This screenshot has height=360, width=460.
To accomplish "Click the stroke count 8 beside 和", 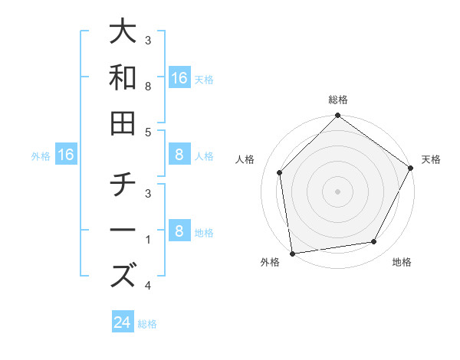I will (x=148, y=87).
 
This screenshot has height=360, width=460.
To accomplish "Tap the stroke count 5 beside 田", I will (x=148, y=132).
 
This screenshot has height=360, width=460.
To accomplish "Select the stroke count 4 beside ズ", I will (x=148, y=286).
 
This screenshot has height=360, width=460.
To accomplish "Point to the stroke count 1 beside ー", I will (x=148, y=241).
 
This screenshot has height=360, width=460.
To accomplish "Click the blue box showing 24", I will (x=123, y=322).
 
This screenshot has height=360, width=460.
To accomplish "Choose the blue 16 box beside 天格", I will (x=179, y=77).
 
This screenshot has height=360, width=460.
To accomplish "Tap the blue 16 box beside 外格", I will (x=66, y=155).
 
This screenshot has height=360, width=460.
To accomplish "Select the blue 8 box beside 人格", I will (x=179, y=155).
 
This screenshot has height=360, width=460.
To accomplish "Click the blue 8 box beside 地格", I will (x=179, y=231).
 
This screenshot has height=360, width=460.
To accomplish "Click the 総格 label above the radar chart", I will (x=337, y=100).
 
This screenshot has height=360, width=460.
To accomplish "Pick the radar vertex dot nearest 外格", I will (x=292, y=253).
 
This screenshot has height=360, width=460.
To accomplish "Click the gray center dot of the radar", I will (x=337, y=191).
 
